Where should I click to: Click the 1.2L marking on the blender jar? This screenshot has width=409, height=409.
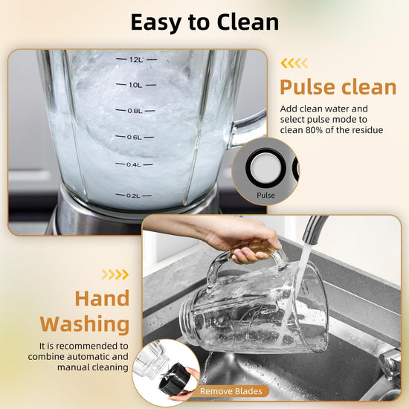[x=136, y=59]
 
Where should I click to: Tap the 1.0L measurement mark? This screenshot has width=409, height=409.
[x=135, y=85]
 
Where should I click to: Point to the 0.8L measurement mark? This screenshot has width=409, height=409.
[x=135, y=111]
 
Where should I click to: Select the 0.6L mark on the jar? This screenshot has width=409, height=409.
[x=135, y=138]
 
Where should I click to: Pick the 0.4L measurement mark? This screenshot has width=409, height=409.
[x=134, y=164]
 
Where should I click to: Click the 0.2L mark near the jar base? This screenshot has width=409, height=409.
[x=133, y=196]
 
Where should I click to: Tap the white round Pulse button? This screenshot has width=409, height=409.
[x=265, y=168]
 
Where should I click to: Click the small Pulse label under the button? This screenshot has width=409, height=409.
[x=265, y=196]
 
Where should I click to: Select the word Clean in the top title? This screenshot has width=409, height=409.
[x=248, y=22]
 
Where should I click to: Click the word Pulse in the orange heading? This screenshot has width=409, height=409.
[x=307, y=88]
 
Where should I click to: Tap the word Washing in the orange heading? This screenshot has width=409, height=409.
[x=85, y=324]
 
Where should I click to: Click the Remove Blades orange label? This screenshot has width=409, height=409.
[x=231, y=391]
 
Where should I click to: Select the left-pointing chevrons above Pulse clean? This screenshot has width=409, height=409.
[x=294, y=63]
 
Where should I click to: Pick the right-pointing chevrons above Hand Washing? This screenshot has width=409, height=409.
[x=115, y=274]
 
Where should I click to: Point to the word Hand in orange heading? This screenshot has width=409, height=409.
[x=103, y=299]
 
